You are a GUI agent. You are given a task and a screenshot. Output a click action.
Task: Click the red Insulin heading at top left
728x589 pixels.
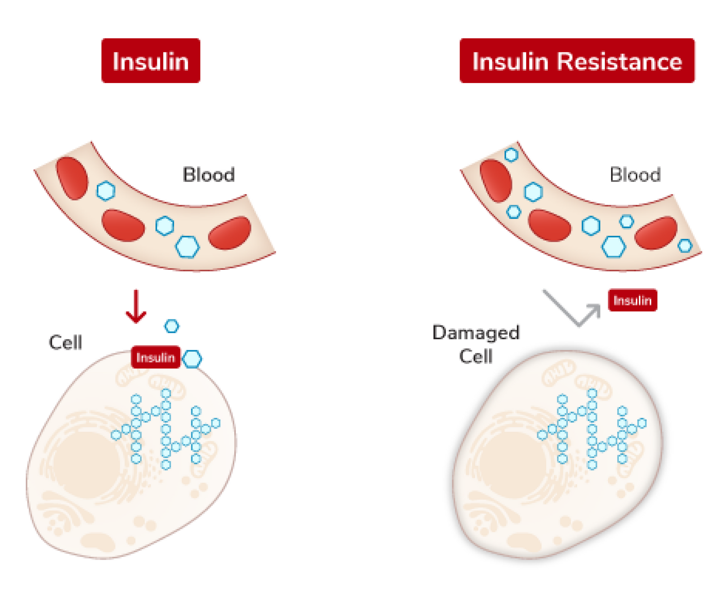(x=150, y=61)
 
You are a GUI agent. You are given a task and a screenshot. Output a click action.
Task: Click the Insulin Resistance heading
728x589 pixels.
(x=577, y=61)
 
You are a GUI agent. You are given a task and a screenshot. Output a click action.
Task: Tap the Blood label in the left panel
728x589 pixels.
(x=209, y=175)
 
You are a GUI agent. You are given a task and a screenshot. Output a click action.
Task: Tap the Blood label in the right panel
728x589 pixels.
(x=635, y=175)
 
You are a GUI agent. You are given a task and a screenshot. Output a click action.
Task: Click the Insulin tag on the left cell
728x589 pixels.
(x=155, y=358)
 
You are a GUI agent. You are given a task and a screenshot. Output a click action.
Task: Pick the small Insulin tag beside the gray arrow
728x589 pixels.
(x=632, y=300)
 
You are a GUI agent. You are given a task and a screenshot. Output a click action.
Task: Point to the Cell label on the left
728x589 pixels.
(x=66, y=343)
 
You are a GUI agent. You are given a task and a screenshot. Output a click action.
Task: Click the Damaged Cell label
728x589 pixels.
(x=476, y=344)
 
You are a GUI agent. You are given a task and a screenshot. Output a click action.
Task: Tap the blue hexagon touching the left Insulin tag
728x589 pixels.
(x=193, y=359)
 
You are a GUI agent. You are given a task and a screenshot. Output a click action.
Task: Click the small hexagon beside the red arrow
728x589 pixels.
(x=172, y=326)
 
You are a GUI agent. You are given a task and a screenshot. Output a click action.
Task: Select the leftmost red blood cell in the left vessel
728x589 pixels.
(x=72, y=178)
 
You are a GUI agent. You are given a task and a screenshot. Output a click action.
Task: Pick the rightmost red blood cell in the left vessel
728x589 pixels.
(x=230, y=233)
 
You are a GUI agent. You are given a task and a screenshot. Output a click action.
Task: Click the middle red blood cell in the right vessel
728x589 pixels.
(x=549, y=226)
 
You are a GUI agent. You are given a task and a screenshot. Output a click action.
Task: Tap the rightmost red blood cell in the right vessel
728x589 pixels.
(x=656, y=233)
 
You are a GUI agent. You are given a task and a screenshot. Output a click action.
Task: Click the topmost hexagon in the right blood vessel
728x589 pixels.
(x=511, y=155)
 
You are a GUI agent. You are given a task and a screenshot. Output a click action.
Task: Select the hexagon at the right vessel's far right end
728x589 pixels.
(x=685, y=245)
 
